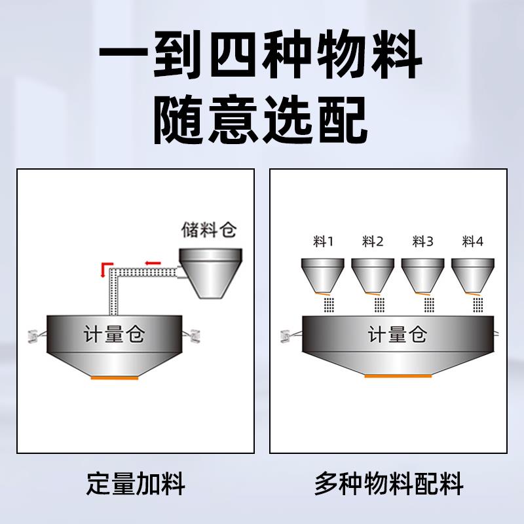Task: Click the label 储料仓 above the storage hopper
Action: click(208, 231)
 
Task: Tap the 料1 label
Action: click(323, 242)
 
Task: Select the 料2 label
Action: click(373, 242)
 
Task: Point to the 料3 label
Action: click(422, 242)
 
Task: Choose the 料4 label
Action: click(472, 242)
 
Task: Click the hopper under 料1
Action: click(322, 274)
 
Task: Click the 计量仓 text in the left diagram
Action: click(114, 335)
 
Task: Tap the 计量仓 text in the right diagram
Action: click(398, 335)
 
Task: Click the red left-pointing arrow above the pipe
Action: click(153, 263)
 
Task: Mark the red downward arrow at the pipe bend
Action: click(103, 269)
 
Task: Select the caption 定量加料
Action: click(136, 485)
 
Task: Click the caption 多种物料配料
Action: click(389, 485)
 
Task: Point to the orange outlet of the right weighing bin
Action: click(398, 375)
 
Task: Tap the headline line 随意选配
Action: click(260, 121)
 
